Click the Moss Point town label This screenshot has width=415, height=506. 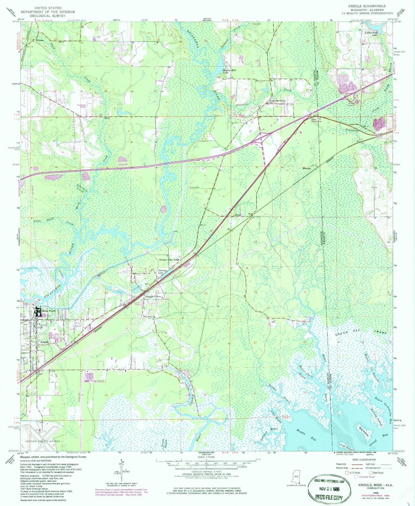pyautogui.click(x=48, y=311)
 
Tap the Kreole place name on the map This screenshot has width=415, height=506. pyautogui.click(x=45, y=342)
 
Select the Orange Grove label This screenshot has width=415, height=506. pyautogui.click(x=153, y=297)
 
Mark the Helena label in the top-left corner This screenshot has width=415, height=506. pyautogui.click(x=40, y=40)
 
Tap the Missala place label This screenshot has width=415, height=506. pyautogui.click(x=306, y=168)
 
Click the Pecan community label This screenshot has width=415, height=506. pyautogui.click(x=238, y=215)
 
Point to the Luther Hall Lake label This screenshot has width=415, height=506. pyautogui.click(x=371, y=34)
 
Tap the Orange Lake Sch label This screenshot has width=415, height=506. pyautogui.click(x=168, y=260)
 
